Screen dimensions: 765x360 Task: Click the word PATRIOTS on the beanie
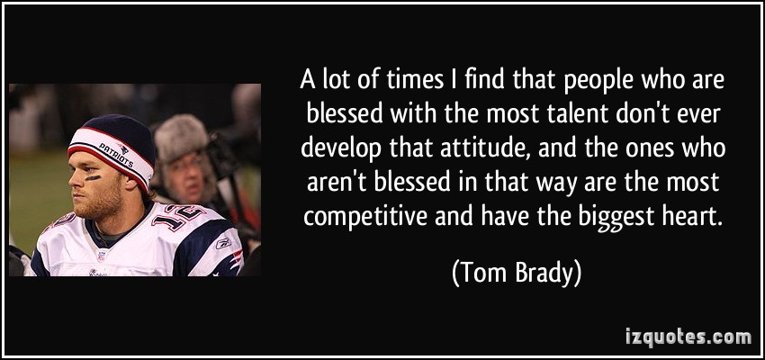point(117,156)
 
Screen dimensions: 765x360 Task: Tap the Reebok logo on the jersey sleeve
point(223,243)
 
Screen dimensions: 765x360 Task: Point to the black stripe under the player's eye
point(93,177)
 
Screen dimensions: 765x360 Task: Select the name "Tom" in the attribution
point(477,274)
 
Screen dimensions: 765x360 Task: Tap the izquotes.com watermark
point(688,336)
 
